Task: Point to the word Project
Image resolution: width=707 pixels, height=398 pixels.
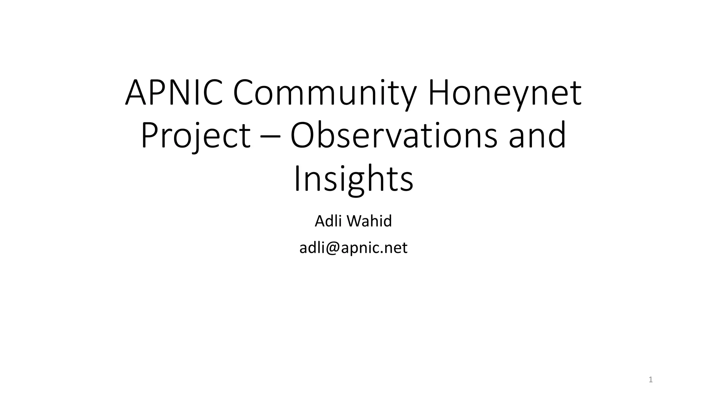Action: point(195,135)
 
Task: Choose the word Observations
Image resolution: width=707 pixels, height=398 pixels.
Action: point(394,135)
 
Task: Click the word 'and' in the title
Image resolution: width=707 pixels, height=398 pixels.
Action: point(537,135)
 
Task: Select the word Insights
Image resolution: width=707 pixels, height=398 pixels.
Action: point(353,179)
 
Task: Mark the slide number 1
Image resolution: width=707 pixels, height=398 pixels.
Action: point(651,380)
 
